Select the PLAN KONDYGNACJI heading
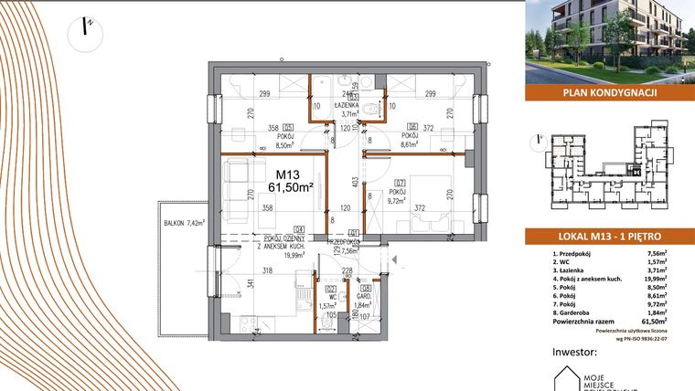tap(609, 91)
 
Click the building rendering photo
tap(609, 41)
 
